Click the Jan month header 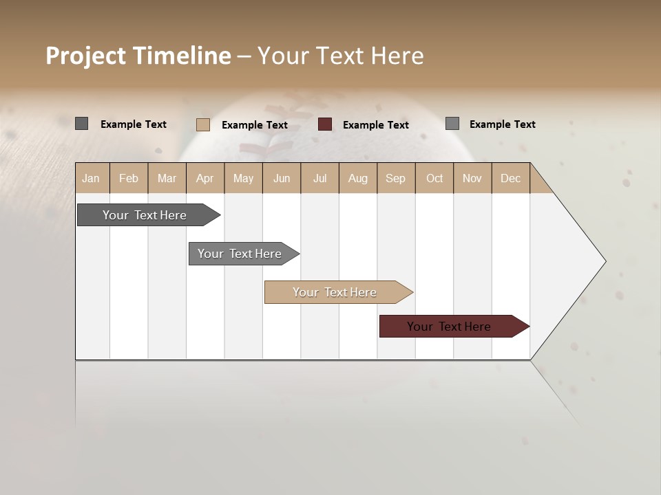coord(92,178)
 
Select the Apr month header coord(204,178)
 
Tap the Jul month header coord(319,178)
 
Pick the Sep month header coord(395,178)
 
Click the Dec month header coord(510,178)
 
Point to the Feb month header coord(129,178)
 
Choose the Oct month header coord(434,178)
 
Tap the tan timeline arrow coord(335,292)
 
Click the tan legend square coord(203,124)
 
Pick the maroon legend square coord(325,124)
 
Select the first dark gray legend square coord(81,124)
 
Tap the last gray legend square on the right coord(452,124)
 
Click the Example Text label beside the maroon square coord(375,125)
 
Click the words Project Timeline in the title coord(138,56)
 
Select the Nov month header coord(472,178)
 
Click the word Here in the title coord(397,56)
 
